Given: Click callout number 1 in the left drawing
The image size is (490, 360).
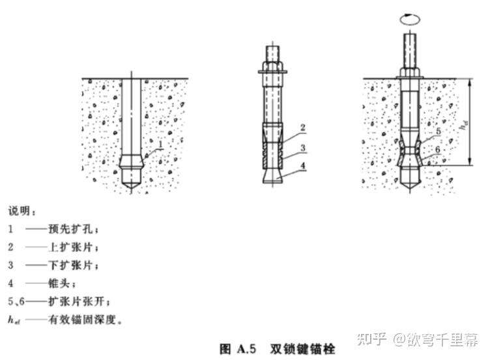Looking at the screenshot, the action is (160, 143).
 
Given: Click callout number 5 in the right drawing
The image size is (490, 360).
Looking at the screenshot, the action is (438, 132).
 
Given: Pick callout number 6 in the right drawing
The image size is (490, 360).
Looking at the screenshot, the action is (438, 150).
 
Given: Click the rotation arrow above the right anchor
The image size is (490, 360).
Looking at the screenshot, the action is (409, 20).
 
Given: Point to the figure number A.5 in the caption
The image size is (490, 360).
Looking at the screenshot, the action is (250, 349).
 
